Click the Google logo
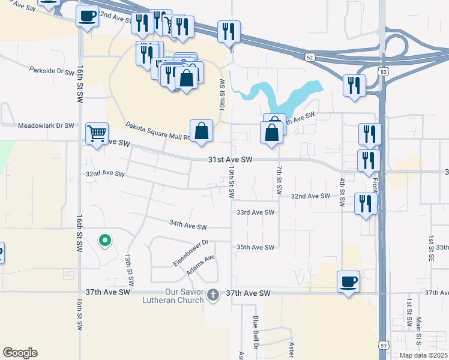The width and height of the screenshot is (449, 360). (20, 353)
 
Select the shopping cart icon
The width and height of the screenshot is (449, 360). (97, 134)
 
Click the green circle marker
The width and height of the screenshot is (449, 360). (105, 241)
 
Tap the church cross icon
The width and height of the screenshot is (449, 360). (213, 295)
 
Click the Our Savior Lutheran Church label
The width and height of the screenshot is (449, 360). (183, 296)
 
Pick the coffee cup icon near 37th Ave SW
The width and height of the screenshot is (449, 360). (348, 281)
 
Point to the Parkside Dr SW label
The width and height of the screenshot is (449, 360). (52, 70)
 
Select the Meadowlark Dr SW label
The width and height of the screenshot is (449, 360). (46, 126)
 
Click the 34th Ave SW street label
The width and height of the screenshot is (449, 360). (187, 225)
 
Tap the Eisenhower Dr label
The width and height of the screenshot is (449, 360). (190, 253)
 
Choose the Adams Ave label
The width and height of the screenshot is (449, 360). (200, 266)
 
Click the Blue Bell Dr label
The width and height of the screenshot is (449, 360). (255, 331)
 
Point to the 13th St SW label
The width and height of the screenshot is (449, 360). (128, 270)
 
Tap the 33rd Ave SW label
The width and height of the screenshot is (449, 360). (255, 212)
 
